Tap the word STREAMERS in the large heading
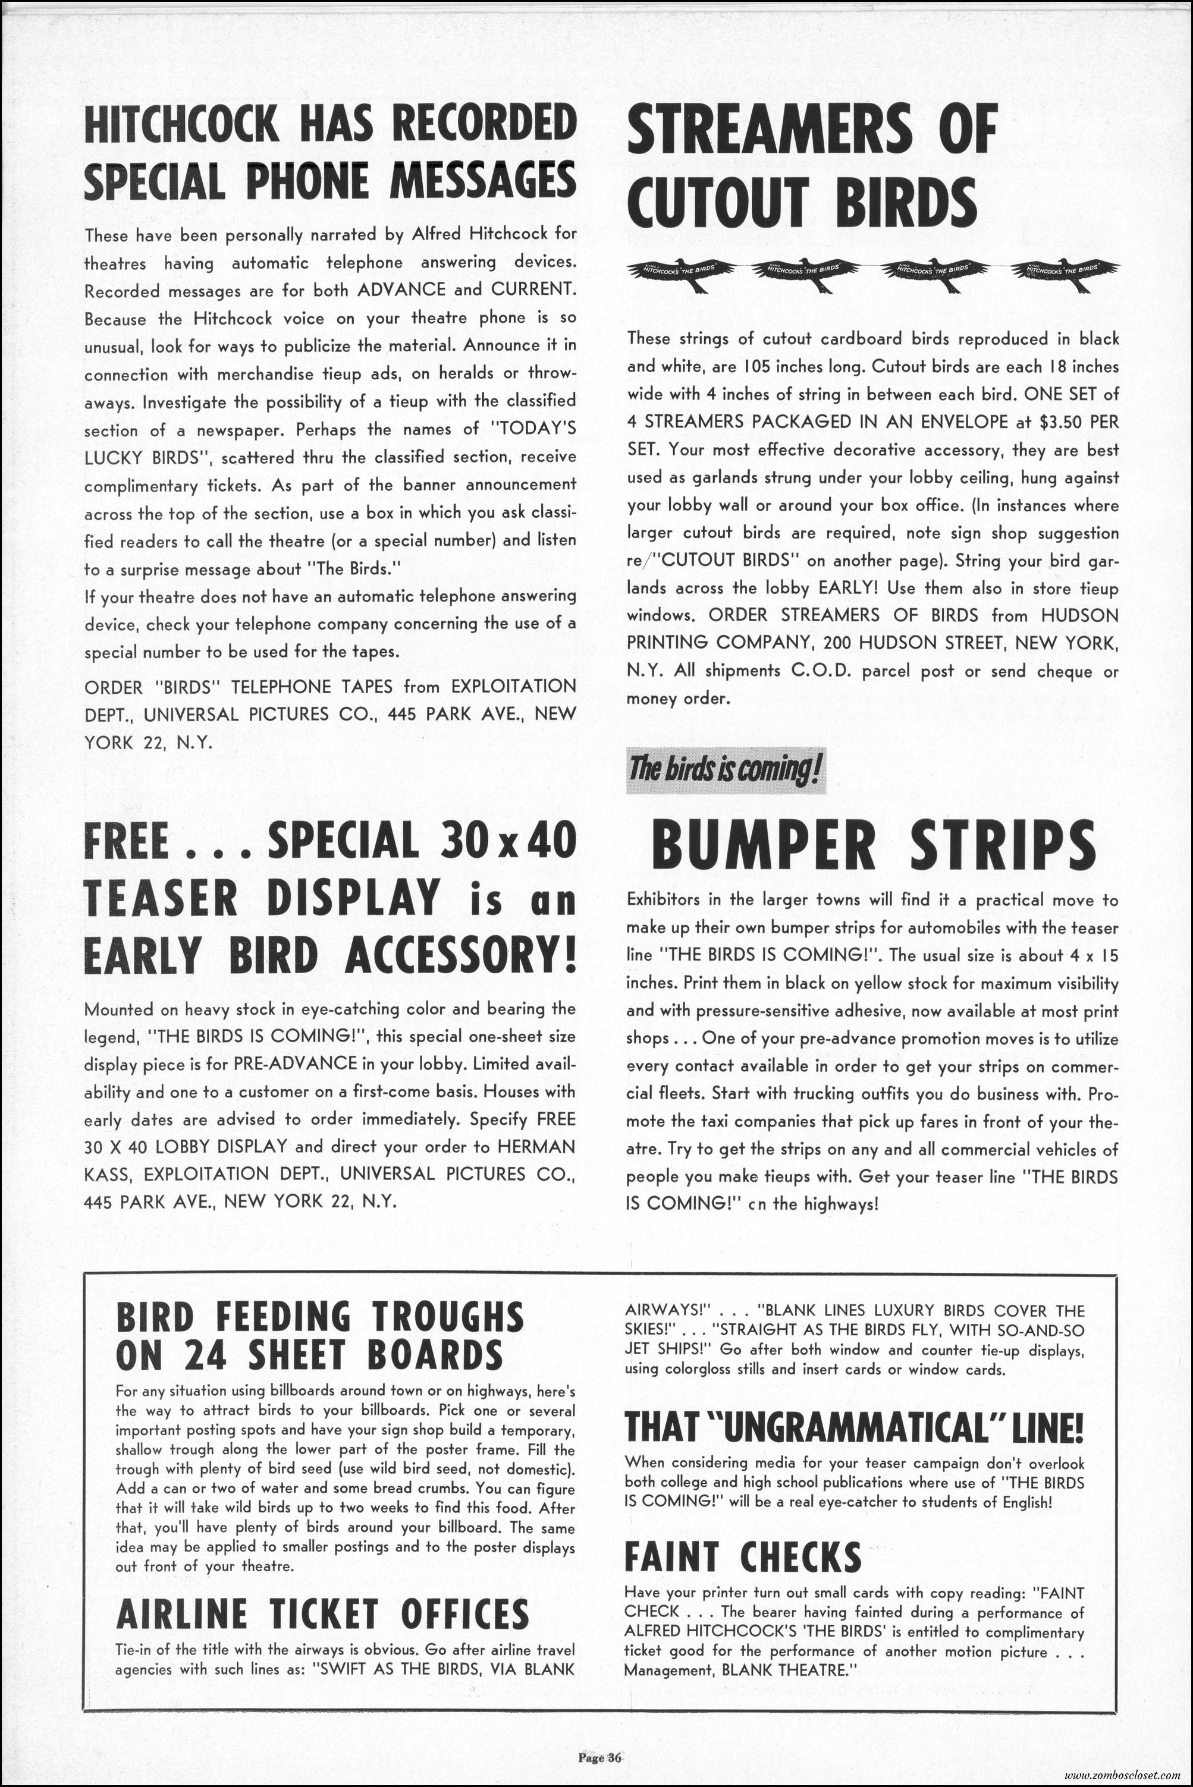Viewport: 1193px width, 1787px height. (768, 129)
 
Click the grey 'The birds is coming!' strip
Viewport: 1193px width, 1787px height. (725, 771)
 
